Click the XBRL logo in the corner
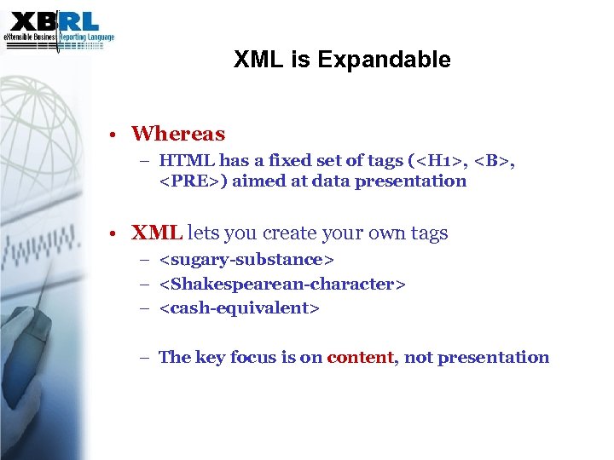tap(57, 26)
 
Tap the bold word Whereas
tap(178, 134)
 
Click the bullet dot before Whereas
tap(113, 135)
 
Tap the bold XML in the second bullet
tap(156, 233)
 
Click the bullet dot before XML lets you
tap(113, 233)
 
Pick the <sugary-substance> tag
tap(246, 259)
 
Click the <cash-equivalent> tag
tap(239, 308)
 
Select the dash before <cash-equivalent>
tap(147, 308)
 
